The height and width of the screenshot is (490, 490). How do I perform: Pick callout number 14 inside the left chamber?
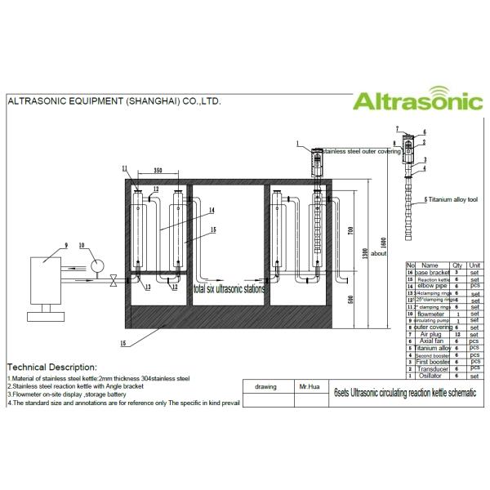pyautogui.click(x=211, y=211)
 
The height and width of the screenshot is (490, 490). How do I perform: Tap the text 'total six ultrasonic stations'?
pyautogui.click(x=229, y=289)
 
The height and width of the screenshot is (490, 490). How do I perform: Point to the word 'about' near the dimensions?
pyautogui.click(x=378, y=253)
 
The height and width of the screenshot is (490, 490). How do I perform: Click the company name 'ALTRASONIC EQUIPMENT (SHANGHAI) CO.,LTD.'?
pyautogui.click(x=114, y=103)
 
